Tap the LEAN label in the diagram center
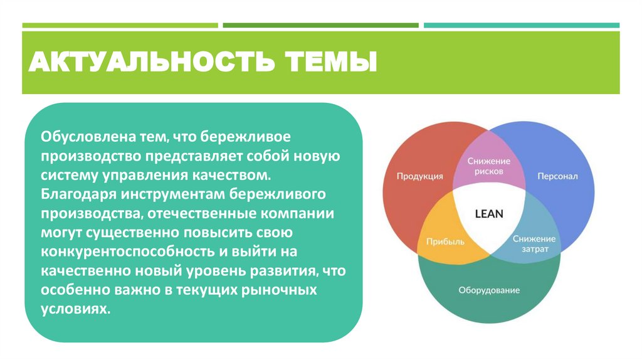[x=489, y=213]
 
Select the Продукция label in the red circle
[x=419, y=176]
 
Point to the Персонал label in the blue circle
[x=557, y=176]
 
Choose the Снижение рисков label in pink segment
[x=489, y=166]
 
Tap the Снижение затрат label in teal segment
[x=534, y=244]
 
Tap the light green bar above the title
[x=120, y=26]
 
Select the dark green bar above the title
[x=320, y=26]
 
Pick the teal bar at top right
[x=521, y=26]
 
